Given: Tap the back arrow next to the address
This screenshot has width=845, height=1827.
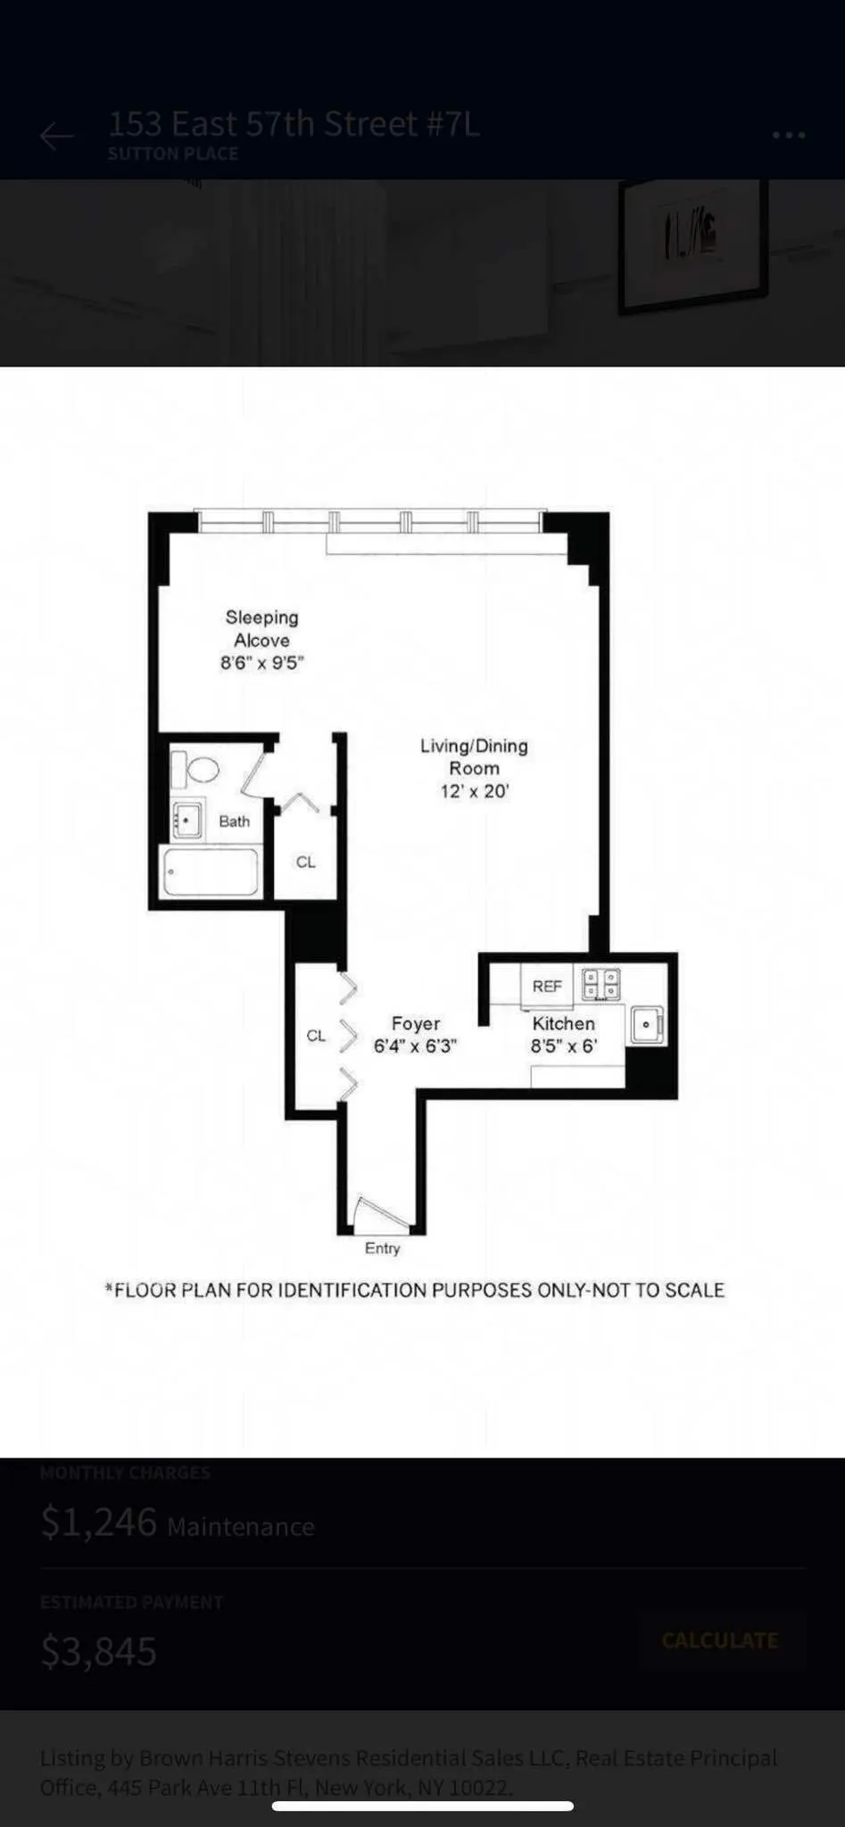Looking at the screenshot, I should click(x=56, y=136).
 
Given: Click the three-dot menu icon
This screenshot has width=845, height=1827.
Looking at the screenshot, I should click(x=789, y=135).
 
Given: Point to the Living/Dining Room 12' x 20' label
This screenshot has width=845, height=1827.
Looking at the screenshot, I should click(x=474, y=768).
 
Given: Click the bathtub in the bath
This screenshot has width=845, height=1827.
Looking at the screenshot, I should click(x=211, y=872).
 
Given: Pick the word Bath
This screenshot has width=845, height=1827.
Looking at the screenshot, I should click(x=235, y=822).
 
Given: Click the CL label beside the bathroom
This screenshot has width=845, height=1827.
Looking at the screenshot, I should click(x=305, y=863).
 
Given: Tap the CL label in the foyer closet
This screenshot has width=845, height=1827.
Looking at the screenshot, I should click(x=316, y=1036).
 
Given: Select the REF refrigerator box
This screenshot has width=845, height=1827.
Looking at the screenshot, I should click(x=547, y=986).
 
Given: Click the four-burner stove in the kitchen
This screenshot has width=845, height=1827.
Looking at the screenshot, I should click(x=601, y=984).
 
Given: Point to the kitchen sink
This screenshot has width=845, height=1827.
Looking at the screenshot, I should click(x=646, y=1025).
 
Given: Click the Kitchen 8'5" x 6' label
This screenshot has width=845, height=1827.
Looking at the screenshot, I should click(x=563, y=1035).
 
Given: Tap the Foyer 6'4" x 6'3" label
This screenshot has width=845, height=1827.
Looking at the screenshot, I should click(x=415, y=1035).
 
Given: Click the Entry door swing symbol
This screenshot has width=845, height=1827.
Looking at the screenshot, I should click(x=378, y=1214).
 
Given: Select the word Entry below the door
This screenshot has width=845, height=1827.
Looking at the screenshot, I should click(x=382, y=1248).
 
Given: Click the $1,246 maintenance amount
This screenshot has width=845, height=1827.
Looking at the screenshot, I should click(x=99, y=1523).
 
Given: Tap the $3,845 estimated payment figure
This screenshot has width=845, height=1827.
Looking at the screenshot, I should click(x=99, y=1652).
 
